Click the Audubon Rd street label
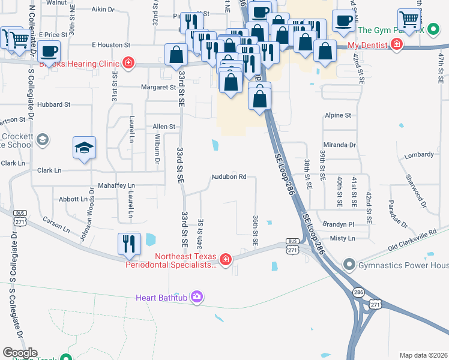tap(229, 177)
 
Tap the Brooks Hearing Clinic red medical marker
tap(128, 62)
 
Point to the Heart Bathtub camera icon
tap(196, 296)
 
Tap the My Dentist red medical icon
tap(396, 44)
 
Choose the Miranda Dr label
tap(340, 145)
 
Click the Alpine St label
tap(338, 115)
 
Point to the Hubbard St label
tap(53, 104)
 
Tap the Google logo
tap(19, 353)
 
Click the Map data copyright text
tap(423, 355)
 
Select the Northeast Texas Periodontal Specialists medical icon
tap(225, 259)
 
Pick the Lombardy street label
tap(419, 155)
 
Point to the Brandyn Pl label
tap(339, 223)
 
